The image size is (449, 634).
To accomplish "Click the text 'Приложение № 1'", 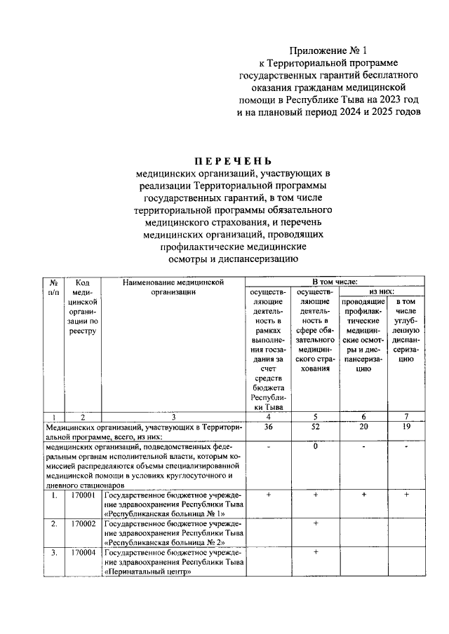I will [x=328, y=51].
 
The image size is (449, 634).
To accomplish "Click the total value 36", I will [x=267, y=426].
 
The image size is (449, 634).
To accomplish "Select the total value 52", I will [x=316, y=426].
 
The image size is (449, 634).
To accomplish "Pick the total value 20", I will [x=363, y=426].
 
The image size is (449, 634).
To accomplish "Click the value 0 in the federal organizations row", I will [x=316, y=446].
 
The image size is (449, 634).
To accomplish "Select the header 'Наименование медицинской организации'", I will [x=173, y=286].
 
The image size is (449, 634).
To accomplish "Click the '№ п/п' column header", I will [x=53, y=286].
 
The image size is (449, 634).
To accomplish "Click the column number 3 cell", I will [x=173, y=416].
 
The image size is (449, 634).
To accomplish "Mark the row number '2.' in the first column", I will [x=53, y=523].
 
